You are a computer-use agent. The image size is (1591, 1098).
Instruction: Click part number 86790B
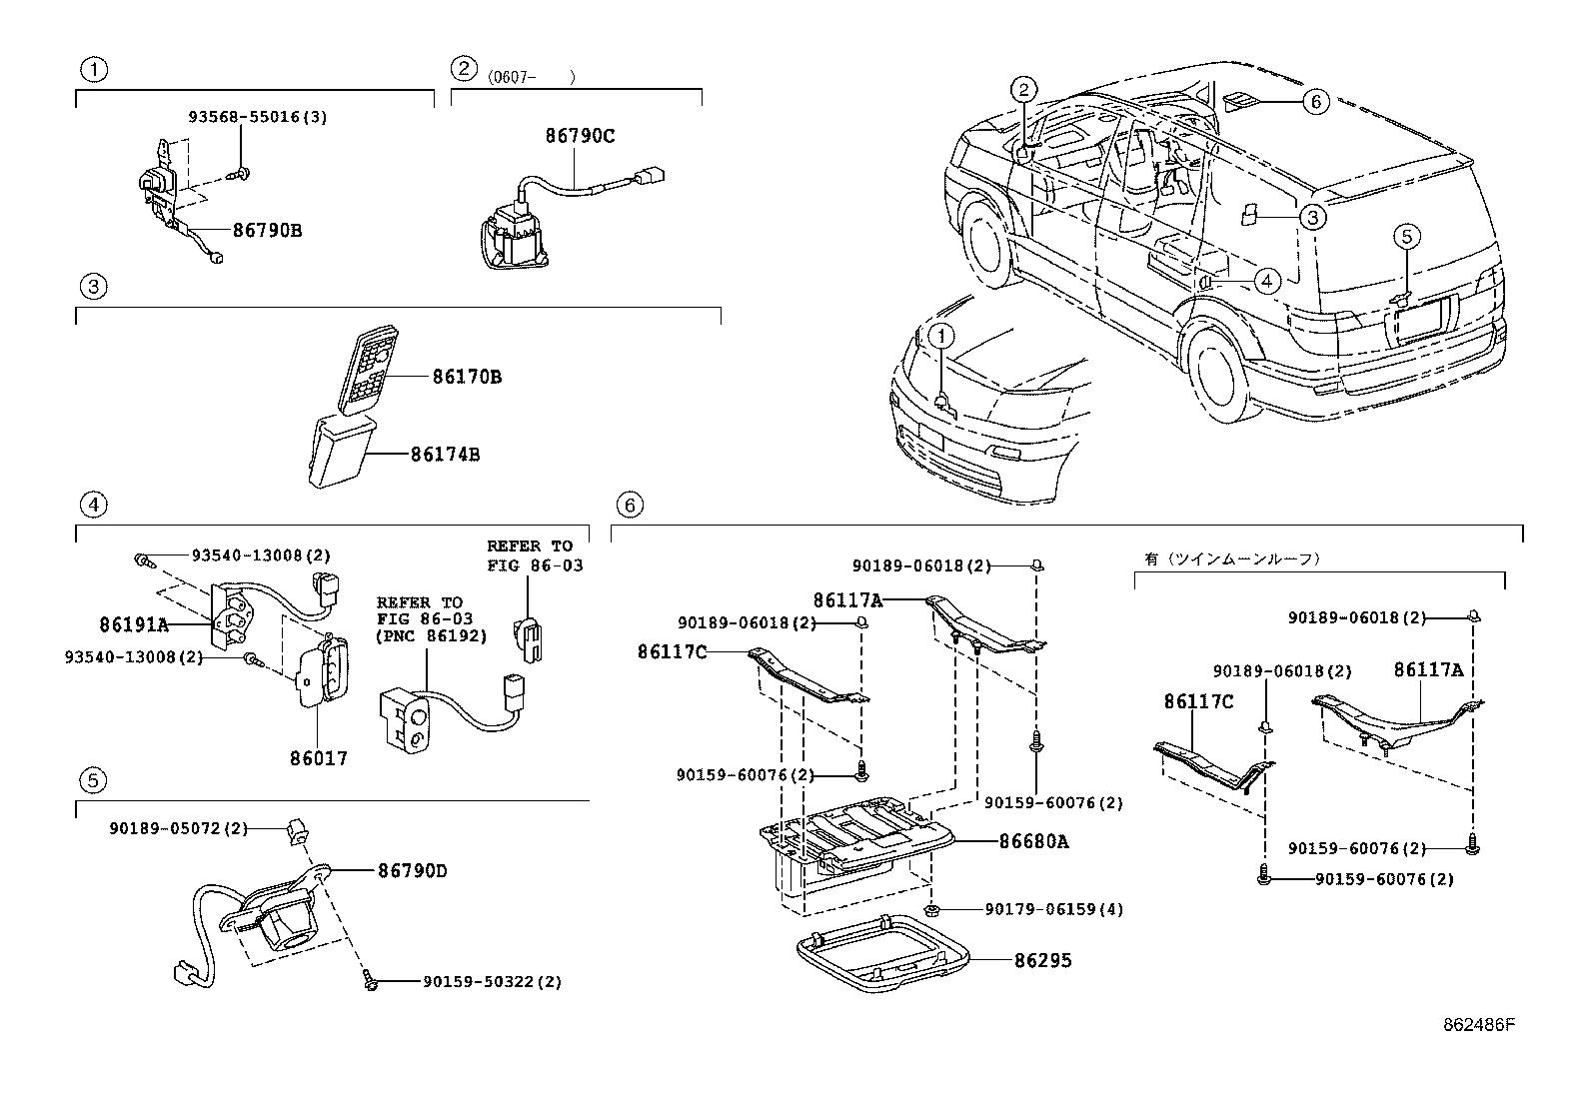coord(267,230)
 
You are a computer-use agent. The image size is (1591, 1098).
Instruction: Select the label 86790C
coord(580,137)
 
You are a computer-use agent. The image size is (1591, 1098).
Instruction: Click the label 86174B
coord(446,455)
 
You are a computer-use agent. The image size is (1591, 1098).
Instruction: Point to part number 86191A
coord(134,625)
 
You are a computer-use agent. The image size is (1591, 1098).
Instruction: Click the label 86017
coord(319,758)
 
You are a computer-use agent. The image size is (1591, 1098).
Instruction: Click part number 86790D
coord(412,871)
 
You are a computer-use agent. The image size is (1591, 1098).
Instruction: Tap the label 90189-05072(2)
coord(165,828)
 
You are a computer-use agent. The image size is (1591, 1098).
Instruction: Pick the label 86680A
coord(1033,842)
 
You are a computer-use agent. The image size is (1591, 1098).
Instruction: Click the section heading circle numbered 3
coord(92,288)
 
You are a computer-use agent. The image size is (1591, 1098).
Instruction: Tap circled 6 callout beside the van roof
coord(1315,101)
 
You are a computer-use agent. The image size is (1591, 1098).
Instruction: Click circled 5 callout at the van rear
coord(1406,237)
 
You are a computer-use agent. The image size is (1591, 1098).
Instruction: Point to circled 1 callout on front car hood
coord(941,337)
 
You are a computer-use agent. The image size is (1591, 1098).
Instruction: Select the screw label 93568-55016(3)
coord(258,117)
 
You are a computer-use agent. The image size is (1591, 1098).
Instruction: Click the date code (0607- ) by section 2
coord(532,77)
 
